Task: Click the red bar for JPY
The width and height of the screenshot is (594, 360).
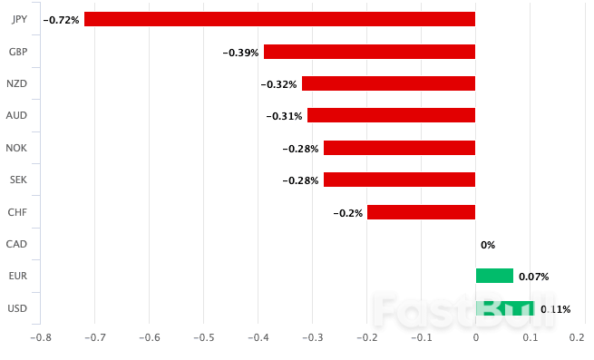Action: (x=279, y=19)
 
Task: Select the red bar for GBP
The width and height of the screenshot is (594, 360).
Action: (x=369, y=52)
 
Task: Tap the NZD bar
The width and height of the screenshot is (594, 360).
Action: (x=388, y=83)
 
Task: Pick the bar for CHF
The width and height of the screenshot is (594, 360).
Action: (x=421, y=212)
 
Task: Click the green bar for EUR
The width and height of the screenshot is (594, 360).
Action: (x=494, y=276)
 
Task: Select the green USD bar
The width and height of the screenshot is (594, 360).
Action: (x=504, y=308)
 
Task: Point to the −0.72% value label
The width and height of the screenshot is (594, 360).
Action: (x=62, y=19)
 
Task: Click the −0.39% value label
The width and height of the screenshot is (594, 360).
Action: (x=240, y=52)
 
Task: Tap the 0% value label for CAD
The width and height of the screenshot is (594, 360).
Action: (x=488, y=245)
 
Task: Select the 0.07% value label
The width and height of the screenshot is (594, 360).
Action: (x=534, y=277)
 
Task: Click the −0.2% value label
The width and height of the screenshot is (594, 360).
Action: (x=347, y=213)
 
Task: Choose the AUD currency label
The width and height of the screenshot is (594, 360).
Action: (x=16, y=115)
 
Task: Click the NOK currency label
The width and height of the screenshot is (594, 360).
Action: (x=16, y=148)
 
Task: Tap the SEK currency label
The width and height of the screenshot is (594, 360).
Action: (x=16, y=180)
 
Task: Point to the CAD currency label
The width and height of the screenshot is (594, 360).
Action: (x=16, y=244)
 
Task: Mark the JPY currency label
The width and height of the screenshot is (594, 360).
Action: (x=16, y=19)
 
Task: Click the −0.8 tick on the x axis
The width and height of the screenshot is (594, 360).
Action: (x=41, y=337)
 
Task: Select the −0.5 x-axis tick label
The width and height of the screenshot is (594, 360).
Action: (x=204, y=337)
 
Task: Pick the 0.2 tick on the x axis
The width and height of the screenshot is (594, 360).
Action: (x=577, y=337)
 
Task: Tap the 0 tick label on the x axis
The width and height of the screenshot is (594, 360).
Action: (x=476, y=337)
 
